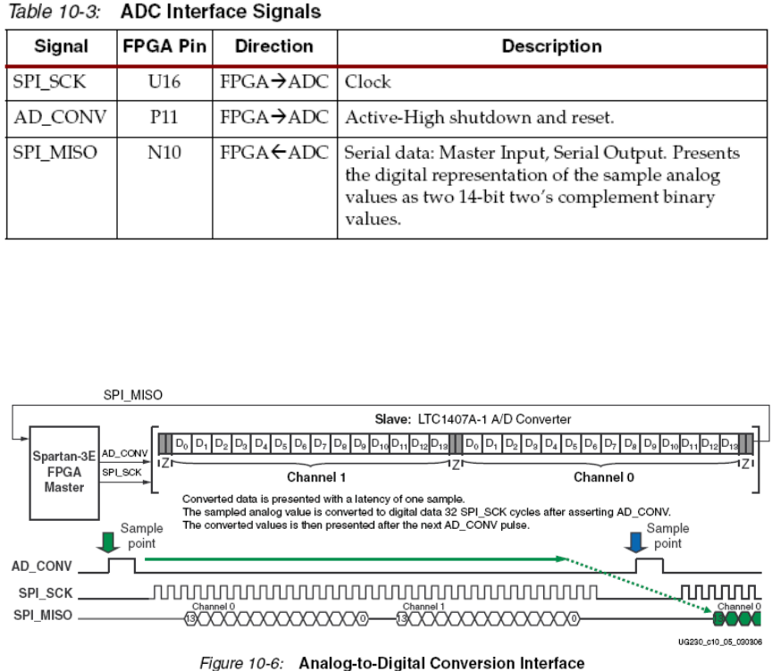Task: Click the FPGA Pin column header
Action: click(165, 46)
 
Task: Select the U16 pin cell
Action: click(165, 81)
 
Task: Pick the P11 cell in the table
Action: click(165, 116)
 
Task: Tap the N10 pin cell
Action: click(165, 152)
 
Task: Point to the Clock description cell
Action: click(368, 81)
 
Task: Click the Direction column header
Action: click(274, 46)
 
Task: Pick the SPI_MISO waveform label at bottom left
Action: click(43, 616)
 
